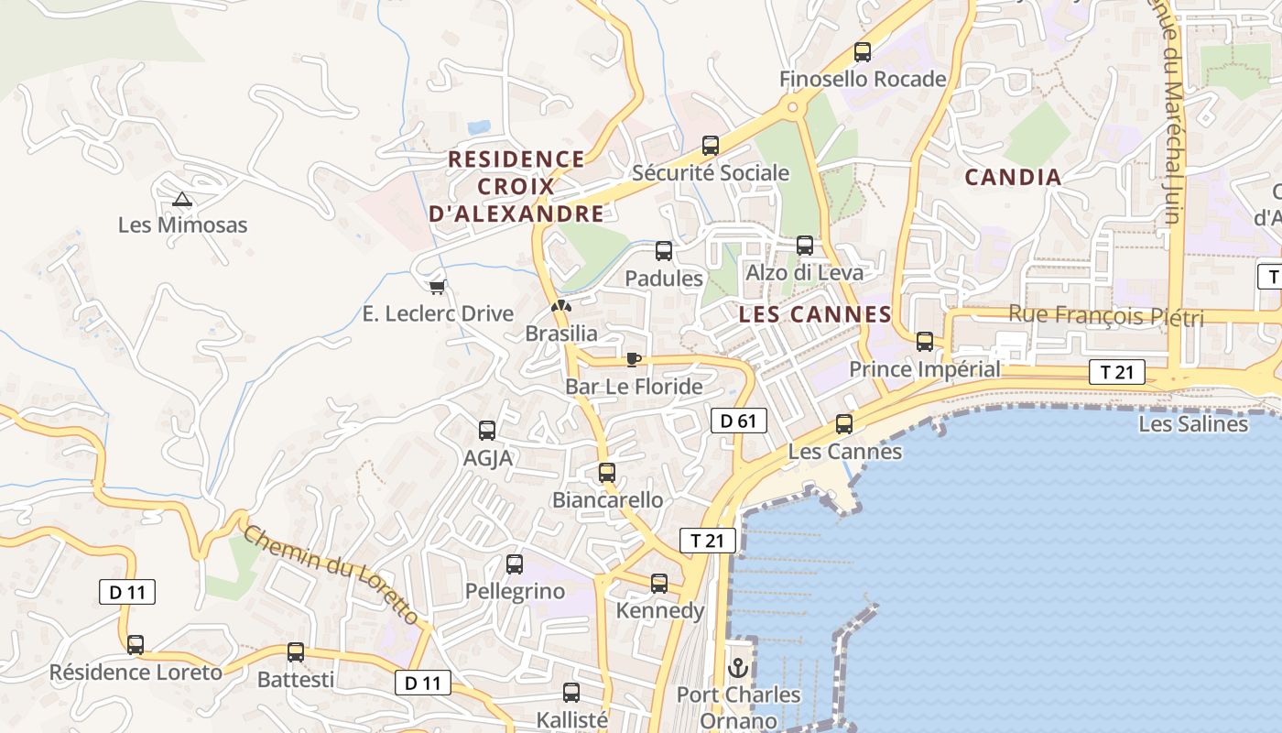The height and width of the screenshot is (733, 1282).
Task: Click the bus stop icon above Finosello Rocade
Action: coord(862,52)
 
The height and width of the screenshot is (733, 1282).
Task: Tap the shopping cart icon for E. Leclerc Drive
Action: coord(438,287)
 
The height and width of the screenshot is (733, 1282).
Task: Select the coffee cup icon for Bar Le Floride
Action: coord(633,359)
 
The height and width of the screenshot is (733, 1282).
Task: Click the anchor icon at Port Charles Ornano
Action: coord(738,668)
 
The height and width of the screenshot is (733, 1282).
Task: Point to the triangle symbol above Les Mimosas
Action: coord(182,199)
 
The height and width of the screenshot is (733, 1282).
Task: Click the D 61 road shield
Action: coord(738,421)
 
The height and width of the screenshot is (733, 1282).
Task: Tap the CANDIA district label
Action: coord(1014,177)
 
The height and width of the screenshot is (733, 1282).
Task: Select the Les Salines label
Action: coord(1192,423)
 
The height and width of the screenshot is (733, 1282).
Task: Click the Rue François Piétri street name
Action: coord(1105,316)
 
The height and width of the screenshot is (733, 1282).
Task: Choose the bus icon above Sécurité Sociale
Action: coord(711,145)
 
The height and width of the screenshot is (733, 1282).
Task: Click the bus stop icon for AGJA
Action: coord(487,431)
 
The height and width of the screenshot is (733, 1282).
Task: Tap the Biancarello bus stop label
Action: coord(607,500)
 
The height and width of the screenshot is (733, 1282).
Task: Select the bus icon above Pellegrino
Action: coord(515,564)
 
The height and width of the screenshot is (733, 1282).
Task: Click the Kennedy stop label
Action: coord(660,610)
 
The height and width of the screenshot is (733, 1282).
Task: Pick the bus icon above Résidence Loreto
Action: coord(136,645)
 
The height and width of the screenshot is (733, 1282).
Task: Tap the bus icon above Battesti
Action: coord(295,652)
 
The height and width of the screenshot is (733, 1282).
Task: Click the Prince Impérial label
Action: coord(925,369)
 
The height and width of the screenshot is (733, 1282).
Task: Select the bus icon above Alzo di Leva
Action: coord(805,246)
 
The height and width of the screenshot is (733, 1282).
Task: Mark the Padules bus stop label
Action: coord(664,278)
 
